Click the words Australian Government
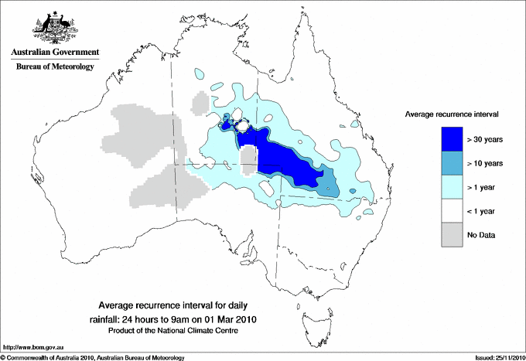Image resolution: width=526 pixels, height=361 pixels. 52,52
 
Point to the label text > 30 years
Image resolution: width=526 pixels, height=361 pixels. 486,140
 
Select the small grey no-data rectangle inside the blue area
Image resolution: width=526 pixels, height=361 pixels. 248,162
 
